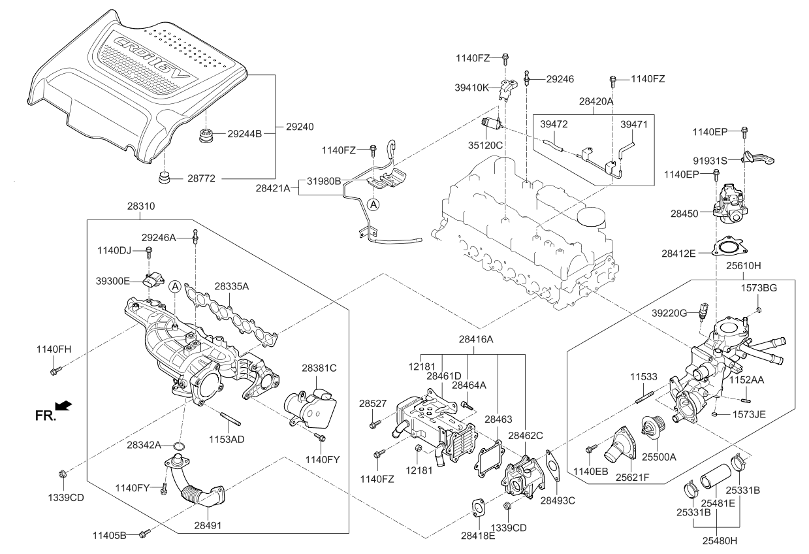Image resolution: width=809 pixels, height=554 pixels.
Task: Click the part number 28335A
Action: [x=232, y=285]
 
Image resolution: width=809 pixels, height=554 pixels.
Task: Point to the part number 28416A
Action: [x=475, y=339]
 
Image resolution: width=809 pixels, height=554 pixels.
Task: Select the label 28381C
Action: [x=319, y=368]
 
